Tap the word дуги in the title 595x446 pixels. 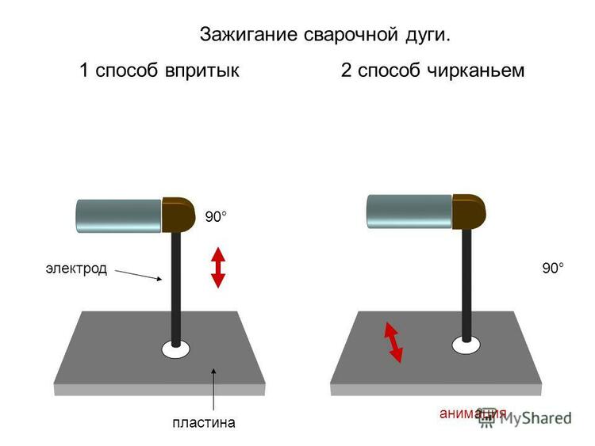tap(428, 36)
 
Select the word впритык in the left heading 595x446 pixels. tap(202, 71)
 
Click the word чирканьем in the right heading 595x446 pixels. tap(475, 71)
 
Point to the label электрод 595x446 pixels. tap(76, 269)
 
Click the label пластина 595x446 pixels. tap(204, 422)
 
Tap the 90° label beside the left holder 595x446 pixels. tap(216, 217)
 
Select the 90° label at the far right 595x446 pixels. tap(553, 269)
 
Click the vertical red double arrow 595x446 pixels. tap(218, 268)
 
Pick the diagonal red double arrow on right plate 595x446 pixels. tap(393, 342)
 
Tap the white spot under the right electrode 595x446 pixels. tap(466, 345)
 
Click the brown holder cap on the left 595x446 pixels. tap(178, 215)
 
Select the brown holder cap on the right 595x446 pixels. tap(469, 212)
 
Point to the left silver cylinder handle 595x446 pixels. tap(119, 215)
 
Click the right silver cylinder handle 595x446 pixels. tap(409, 212)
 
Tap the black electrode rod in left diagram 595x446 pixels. tap(175, 288)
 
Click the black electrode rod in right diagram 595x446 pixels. tap(466, 285)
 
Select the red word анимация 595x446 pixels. tap(473, 413)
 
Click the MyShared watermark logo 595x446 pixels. tap(525, 418)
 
